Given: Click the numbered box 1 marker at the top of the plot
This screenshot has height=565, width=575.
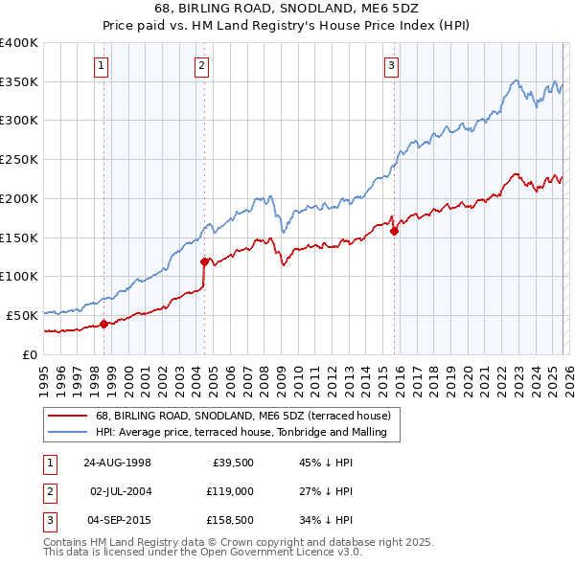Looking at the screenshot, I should pyautogui.click(x=101, y=66).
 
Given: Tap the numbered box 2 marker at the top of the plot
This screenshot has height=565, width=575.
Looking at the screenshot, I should pyautogui.click(x=201, y=66).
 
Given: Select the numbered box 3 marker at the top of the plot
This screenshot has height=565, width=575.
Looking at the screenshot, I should pyautogui.click(x=391, y=66).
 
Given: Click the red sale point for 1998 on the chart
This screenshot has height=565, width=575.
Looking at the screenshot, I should pyautogui.click(x=104, y=324).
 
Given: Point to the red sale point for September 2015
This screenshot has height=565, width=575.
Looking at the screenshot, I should pyautogui.click(x=394, y=231).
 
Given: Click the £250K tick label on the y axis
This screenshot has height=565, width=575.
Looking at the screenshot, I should pyautogui.click(x=19, y=160).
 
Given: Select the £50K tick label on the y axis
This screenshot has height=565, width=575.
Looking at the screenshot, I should pyautogui.click(x=22, y=315).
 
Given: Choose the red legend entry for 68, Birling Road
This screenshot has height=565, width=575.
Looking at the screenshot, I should pyautogui.click(x=242, y=417).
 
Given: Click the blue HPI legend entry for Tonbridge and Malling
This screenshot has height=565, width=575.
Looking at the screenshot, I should pyautogui.click(x=241, y=433).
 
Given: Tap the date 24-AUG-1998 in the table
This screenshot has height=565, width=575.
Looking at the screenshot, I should pyautogui.click(x=118, y=462).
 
